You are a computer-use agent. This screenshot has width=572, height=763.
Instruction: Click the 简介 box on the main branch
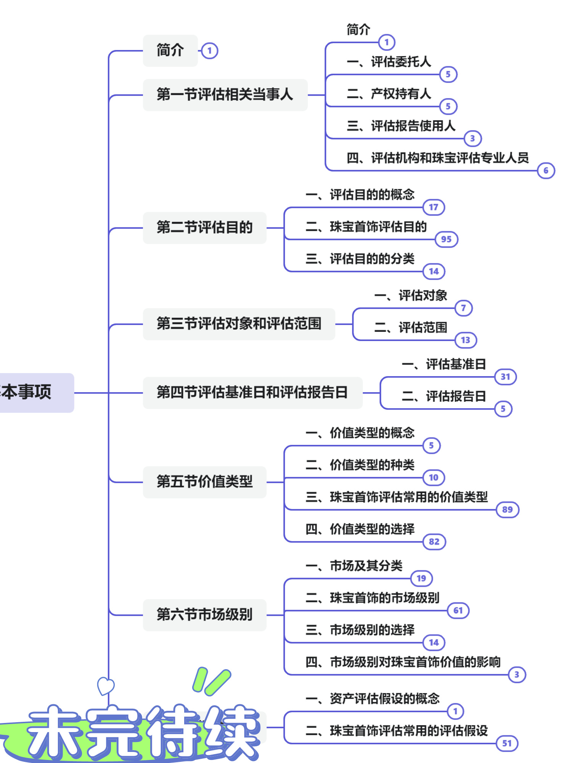[170, 50]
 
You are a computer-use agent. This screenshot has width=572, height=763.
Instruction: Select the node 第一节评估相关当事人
[225, 95]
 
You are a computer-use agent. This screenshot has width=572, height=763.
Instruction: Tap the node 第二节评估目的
[204, 228]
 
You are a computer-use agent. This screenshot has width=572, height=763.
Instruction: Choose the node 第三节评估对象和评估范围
[239, 324]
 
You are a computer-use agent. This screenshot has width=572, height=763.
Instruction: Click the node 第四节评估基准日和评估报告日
[252, 393]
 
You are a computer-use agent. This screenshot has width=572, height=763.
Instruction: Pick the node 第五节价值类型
[204, 482]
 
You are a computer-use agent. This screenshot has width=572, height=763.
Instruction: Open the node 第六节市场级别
[204, 615]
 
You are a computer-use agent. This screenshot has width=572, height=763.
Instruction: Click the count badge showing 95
[446, 240]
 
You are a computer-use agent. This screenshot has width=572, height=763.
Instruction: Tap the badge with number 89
[507, 510]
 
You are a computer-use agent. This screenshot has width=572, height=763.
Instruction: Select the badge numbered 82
[434, 542]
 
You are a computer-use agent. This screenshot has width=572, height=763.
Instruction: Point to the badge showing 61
[458, 610]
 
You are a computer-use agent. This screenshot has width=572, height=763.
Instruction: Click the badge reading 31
[505, 377]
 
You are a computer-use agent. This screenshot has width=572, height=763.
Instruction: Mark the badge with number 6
[546, 171]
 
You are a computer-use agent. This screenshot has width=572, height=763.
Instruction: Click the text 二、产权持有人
[389, 94]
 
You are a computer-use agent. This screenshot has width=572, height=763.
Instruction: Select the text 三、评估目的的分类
[360, 259]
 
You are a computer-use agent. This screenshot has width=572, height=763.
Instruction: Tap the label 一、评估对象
[411, 296]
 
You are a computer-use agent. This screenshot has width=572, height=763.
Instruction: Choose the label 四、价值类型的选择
[360, 529]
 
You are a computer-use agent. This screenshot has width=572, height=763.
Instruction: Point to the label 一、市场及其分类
[354, 566]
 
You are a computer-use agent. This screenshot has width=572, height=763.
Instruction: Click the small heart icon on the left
[106, 686]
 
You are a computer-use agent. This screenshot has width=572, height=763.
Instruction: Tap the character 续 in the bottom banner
[233, 731]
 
